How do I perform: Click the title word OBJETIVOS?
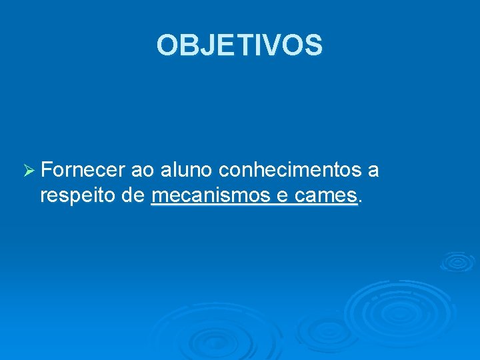(x=239, y=45)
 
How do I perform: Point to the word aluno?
(x=186, y=171)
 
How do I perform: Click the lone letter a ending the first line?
(x=373, y=172)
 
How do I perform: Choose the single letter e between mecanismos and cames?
(x=280, y=198)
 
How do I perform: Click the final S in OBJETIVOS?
(x=313, y=45)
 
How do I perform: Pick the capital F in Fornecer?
(x=47, y=171)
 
